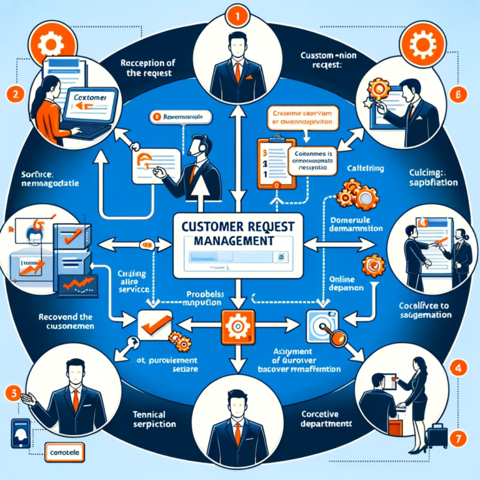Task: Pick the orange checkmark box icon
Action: pos(152,324)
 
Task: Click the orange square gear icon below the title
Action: pos(237,327)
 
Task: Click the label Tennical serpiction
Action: pos(153,418)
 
